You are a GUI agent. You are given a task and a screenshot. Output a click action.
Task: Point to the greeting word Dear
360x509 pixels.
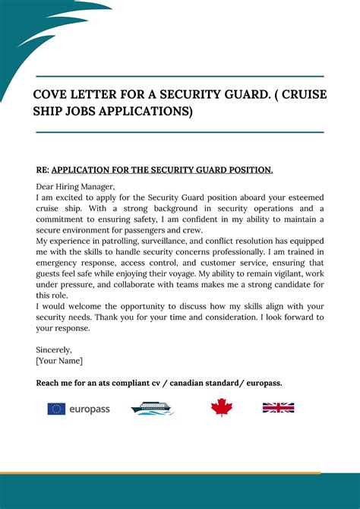click(x=46, y=186)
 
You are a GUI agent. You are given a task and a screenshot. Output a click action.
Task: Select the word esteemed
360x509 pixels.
click(x=302, y=198)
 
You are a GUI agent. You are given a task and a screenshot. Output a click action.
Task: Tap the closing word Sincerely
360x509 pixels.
click(x=54, y=350)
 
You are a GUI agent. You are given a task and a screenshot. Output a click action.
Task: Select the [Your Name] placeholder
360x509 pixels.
click(x=59, y=361)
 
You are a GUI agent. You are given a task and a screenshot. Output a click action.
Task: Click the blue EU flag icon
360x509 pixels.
click(x=56, y=409)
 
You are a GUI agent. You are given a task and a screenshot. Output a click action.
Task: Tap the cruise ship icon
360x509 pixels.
click(x=153, y=409)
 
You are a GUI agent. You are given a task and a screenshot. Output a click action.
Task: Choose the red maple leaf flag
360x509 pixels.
click(x=221, y=408)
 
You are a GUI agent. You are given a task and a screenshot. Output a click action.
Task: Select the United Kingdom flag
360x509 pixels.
click(x=278, y=408)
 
